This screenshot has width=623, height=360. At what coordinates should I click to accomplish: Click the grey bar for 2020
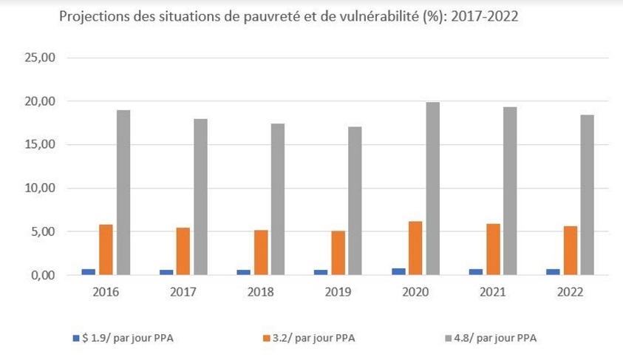(x=432, y=189)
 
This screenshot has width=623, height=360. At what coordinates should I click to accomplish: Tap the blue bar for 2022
(x=553, y=272)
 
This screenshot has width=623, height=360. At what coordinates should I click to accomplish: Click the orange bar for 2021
(x=493, y=249)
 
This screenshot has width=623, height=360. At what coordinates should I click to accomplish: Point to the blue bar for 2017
(x=166, y=272)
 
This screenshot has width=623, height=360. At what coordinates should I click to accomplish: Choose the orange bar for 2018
(x=261, y=252)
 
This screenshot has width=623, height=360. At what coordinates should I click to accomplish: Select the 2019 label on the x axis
(x=338, y=292)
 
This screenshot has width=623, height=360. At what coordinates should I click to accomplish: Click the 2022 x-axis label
(x=570, y=292)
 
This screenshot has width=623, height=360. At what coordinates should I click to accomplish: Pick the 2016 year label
(x=106, y=292)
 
